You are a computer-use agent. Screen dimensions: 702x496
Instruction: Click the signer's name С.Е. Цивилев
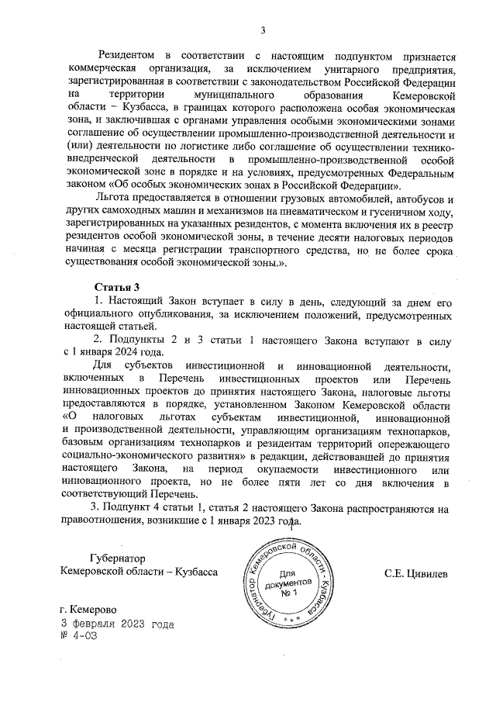[x=416, y=572]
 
